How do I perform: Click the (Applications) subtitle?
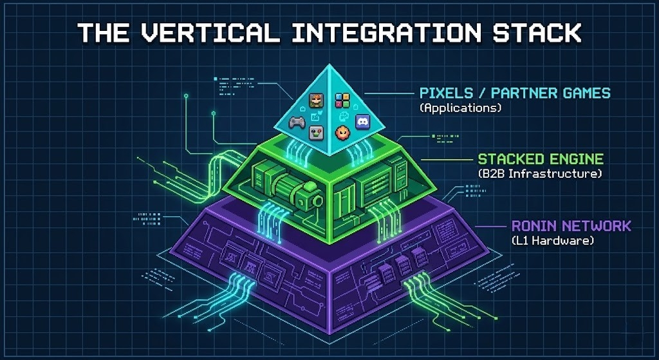click(x=459, y=108)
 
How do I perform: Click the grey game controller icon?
click(x=297, y=122)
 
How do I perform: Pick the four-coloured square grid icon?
click(x=342, y=100)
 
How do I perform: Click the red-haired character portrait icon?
click(x=316, y=100)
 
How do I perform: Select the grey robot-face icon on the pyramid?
click(x=316, y=133)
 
